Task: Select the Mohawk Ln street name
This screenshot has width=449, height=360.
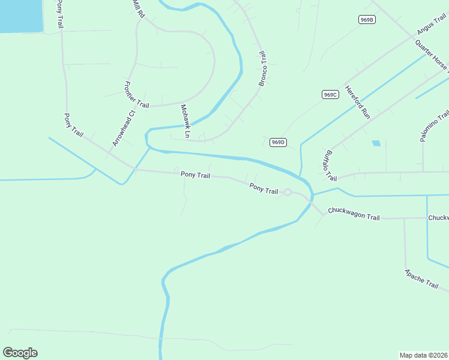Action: click(185, 122)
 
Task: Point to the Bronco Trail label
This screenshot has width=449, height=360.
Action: click(262, 68)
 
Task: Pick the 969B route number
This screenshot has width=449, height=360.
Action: click(367, 20)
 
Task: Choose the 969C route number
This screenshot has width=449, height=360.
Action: click(330, 94)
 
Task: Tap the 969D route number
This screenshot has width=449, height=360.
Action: click(277, 142)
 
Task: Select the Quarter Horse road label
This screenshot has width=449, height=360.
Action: click(431, 54)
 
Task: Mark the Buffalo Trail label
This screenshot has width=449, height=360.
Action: click(330, 165)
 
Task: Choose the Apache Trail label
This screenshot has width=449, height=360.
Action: click(421, 279)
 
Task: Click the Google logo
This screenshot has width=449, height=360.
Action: click(20, 353)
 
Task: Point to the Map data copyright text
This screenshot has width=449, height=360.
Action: click(423, 355)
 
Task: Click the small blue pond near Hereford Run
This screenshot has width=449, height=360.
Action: click(376, 143)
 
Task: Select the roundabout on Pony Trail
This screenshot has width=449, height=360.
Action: click(288, 192)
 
